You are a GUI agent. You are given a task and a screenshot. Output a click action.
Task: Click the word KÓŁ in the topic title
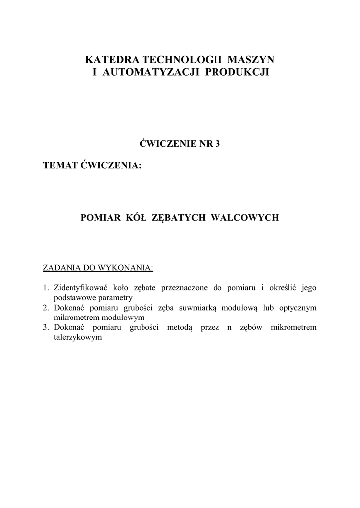pos(133,217)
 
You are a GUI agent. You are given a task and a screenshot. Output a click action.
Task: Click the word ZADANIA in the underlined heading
pos(61,268)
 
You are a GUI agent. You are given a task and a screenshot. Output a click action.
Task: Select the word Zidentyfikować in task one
pos(79,288)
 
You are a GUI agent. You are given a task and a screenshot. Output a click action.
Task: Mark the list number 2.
pos(45,308)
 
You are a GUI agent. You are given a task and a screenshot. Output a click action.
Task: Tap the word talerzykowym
pos(77,337)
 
